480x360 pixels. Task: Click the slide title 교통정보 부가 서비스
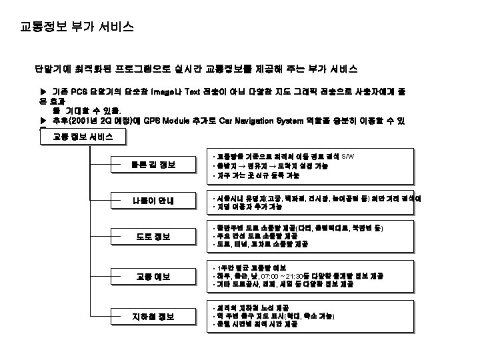[x=77, y=27]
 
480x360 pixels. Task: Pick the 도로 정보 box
[x=153, y=237]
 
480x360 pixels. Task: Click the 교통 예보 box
[x=153, y=276]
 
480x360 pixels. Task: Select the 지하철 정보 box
[x=153, y=316]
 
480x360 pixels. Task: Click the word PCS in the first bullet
[x=79, y=90]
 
